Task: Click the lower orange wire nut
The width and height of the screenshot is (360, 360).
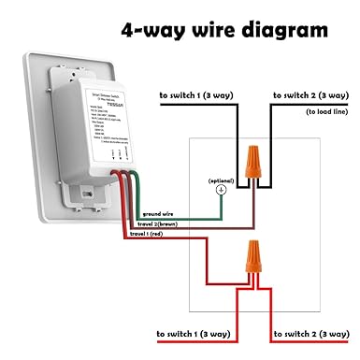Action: (252, 256)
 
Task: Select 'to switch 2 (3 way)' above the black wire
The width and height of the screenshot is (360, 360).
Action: (311, 95)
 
